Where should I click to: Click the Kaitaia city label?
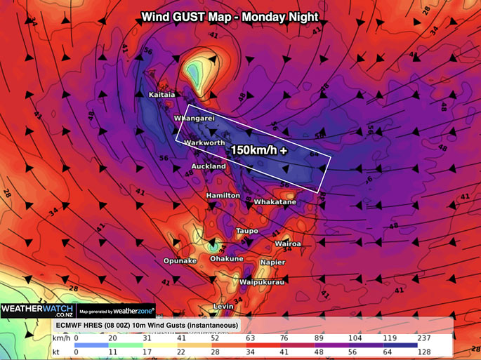(162, 94)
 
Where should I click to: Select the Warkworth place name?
(203, 143)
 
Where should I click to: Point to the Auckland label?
(209, 166)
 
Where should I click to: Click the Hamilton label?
(223, 195)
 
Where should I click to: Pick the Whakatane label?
(275, 202)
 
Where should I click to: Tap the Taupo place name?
(247, 231)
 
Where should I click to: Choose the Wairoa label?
(288, 244)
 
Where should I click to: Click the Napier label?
(272, 262)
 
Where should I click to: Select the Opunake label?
(180, 260)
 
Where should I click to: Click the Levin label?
(223, 307)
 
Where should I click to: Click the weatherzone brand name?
(133, 311)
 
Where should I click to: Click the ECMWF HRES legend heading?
(146, 326)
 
